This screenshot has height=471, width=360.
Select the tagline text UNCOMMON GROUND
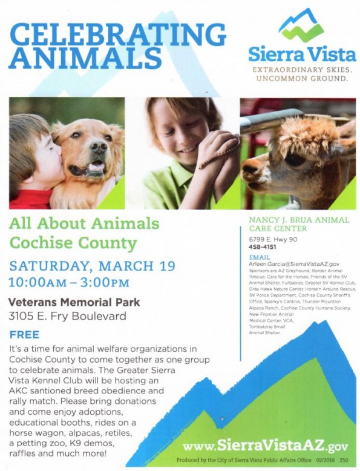click(301, 79)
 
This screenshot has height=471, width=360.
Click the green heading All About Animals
click(83, 224)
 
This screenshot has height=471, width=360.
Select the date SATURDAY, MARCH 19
click(91, 265)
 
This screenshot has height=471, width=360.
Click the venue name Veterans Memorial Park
click(74, 301)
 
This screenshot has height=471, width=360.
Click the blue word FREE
click(24, 334)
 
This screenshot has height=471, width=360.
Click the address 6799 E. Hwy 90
click(269, 239)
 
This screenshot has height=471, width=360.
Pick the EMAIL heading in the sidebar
click(259, 257)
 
